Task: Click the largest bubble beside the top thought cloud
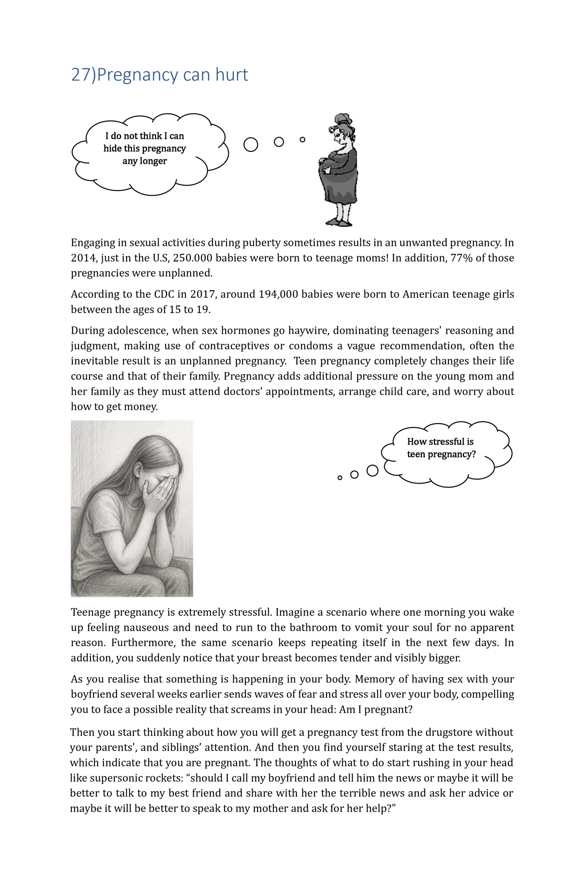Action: click(251, 145)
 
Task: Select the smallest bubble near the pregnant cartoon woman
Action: click(303, 139)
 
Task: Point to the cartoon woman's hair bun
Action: click(342, 119)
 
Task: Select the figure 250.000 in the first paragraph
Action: click(193, 258)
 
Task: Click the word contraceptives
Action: click(234, 346)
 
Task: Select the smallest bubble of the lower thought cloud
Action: click(340, 478)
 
